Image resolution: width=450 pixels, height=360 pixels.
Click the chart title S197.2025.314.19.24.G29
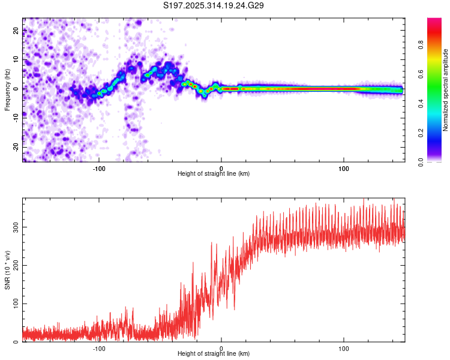pos(214,6)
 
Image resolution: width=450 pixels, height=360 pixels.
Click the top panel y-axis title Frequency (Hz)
pos(7,89)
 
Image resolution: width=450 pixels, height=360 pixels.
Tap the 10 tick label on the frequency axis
pos(16,60)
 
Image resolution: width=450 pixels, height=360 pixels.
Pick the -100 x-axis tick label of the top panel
pos(99,167)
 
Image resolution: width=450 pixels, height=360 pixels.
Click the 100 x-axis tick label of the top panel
pos(344,167)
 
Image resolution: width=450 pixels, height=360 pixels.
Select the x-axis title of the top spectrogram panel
pos(214,174)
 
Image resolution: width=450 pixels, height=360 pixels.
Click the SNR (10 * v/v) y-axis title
pos(7,271)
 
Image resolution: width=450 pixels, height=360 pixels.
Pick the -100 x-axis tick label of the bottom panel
pos(99,348)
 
